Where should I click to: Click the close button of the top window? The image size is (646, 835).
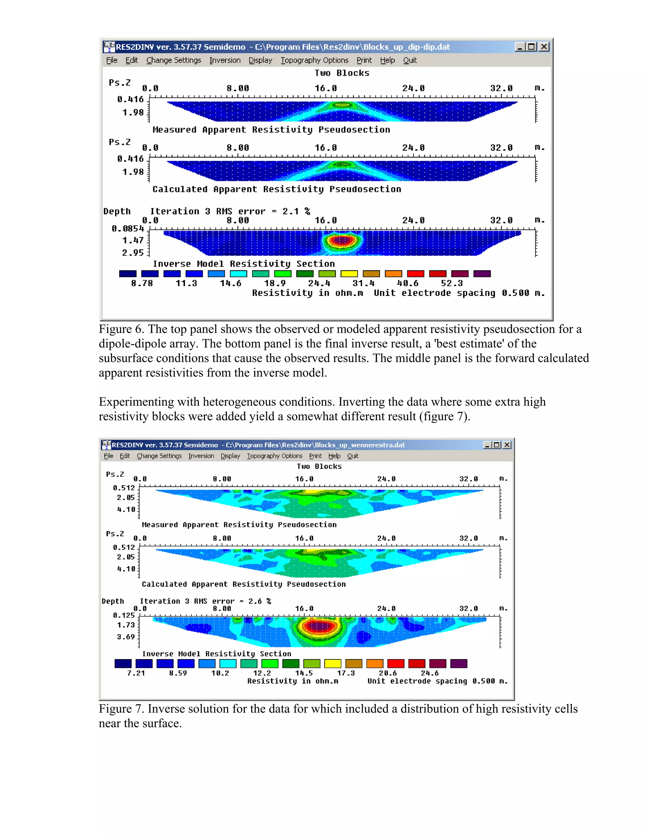click(544, 47)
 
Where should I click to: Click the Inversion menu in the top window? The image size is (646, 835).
click(225, 60)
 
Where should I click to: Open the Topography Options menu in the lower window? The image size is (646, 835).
click(274, 456)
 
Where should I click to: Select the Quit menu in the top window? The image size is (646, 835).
click(409, 60)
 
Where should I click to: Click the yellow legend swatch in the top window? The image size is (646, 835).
click(349, 274)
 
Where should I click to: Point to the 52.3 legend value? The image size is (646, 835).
click(452, 283)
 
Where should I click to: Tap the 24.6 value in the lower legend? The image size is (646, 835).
click(429, 673)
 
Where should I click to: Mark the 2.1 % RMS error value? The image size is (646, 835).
click(296, 211)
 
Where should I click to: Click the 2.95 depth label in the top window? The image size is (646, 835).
click(133, 253)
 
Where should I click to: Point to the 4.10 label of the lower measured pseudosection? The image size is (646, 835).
click(126, 509)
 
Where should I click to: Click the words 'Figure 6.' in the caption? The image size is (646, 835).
click(121, 329)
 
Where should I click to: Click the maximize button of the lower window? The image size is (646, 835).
click(497, 445)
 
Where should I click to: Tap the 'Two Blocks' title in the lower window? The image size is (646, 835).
click(319, 466)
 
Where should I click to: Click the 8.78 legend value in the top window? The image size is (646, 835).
click(142, 283)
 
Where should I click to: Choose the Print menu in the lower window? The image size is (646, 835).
click(315, 456)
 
